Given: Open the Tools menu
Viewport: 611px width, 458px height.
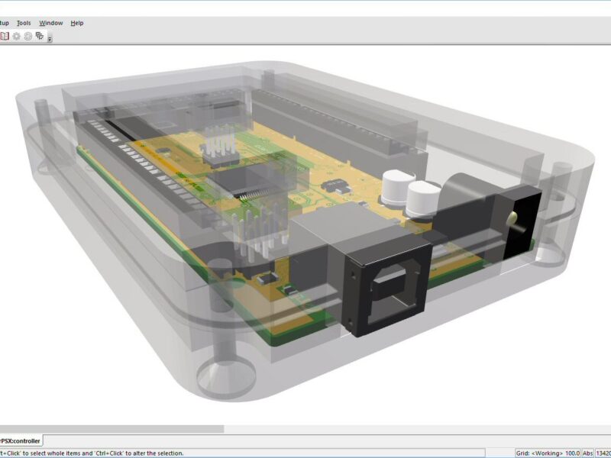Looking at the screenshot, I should tap(24, 23).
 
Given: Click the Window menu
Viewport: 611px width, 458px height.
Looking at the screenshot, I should tap(51, 23).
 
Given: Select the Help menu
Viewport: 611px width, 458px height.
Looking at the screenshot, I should tap(77, 23).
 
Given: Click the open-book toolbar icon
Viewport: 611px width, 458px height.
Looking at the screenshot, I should tap(5, 36).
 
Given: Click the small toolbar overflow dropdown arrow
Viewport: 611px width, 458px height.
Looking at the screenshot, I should tap(50, 38).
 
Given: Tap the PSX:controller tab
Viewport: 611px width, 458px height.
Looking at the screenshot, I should tap(21, 440).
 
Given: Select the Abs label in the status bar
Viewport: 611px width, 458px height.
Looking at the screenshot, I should tap(588, 453).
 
